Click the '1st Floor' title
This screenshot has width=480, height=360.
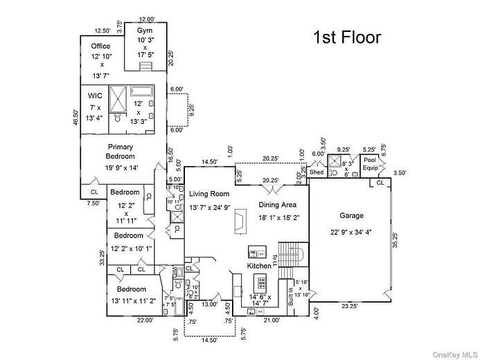tap(347, 37)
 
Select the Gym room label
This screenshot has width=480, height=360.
tap(144, 32)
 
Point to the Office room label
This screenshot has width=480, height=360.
tap(100, 46)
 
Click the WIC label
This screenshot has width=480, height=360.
tap(95, 96)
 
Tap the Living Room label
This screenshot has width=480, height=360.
tap(208, 194)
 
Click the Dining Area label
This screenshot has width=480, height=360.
tap(278, 205)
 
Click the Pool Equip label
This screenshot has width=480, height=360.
tap(371, 163)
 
